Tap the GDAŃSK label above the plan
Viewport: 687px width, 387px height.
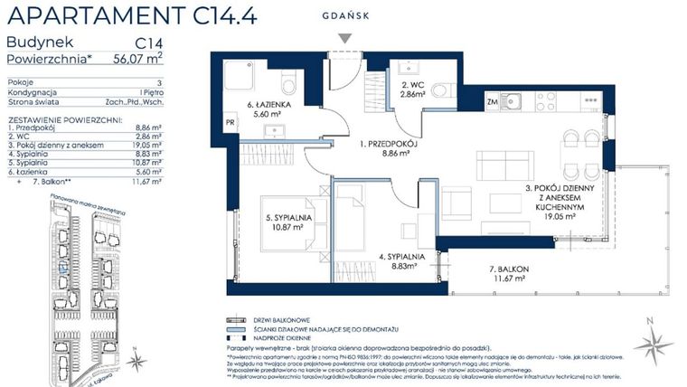344,15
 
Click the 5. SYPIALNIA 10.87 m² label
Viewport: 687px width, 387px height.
290,222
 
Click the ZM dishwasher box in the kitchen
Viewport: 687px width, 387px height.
493,102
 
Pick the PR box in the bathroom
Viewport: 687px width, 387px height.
231,122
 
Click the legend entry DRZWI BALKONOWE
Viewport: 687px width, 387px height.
293,320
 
